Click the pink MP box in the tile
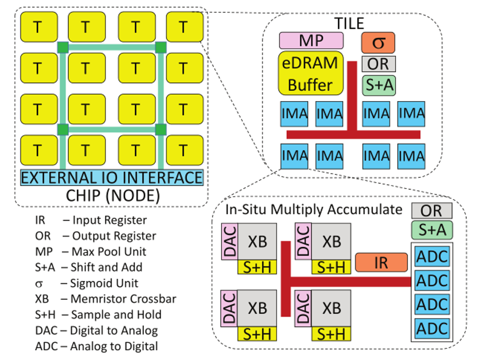[x=311, y=40]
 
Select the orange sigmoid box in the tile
[x=378, y=42]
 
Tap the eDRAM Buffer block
[x=310, y=73]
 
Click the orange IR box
[x=381, y=262]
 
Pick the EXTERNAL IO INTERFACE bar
[x=112, y=177]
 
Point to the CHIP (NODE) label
[x=112, y=195]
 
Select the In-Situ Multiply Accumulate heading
[x=314, y=210]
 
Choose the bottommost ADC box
[x=432, y=328]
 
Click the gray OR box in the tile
[x=379, y=64]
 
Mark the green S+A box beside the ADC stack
[x=432, y=229]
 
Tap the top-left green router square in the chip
[x=63, y=47]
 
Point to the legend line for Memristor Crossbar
[x=105, y=299]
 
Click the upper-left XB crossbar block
[x=257, y=241]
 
